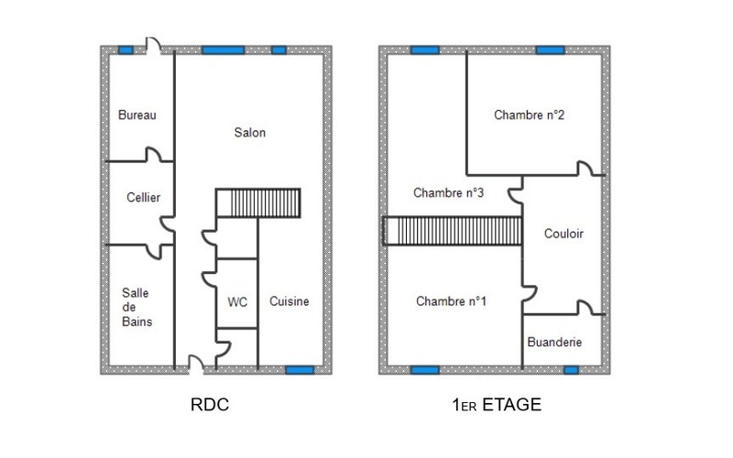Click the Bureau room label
point(137,115)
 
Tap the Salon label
point(249,133)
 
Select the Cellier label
point(143,197)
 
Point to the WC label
point(237,302)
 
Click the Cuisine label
point(289,301)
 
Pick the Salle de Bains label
point(137,307)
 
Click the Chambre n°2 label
point(530,115)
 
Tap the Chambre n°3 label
point(448,192)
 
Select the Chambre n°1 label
point(451,301)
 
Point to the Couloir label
point(563,234)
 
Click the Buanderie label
point(554,342)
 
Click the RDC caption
point(210,405)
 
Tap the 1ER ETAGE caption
point(497,405)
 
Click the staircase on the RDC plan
point(258,202)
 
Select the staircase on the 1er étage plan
point(452,231)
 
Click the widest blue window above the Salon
point(223,50)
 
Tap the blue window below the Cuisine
point(300,370)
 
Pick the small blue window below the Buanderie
point(571,370)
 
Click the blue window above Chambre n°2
point(551,50)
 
